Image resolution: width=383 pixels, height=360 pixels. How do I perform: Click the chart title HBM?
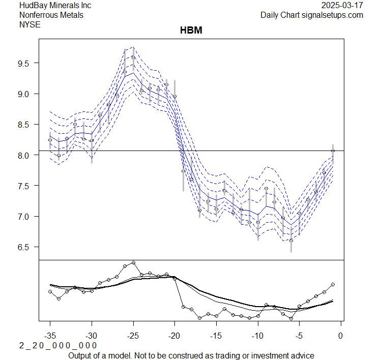pos(191,31)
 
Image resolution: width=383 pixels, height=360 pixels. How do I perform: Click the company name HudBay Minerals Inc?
pos(55,5)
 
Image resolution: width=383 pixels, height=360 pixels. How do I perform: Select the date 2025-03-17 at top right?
pos(342,5)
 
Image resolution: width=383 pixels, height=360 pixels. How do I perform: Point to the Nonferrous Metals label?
pos(51,15)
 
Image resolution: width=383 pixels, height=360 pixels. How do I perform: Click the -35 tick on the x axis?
pos(50,336)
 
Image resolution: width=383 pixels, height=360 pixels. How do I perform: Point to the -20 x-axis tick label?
pos(174,336)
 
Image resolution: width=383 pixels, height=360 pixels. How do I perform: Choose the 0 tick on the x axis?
pos(341,336)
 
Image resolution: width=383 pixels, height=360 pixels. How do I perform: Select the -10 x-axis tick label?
pos(258,336)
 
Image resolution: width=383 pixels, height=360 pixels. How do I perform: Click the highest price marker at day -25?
pos(133,57)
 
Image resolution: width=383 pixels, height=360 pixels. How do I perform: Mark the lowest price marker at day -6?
pos(291,241)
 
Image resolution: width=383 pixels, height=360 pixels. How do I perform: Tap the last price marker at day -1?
pos(333,151)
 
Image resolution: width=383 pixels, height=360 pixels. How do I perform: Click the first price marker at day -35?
pos(50,140)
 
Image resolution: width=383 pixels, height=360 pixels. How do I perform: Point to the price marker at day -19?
pos(183,171)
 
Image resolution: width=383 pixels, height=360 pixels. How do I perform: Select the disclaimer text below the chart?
pos(191,355)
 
